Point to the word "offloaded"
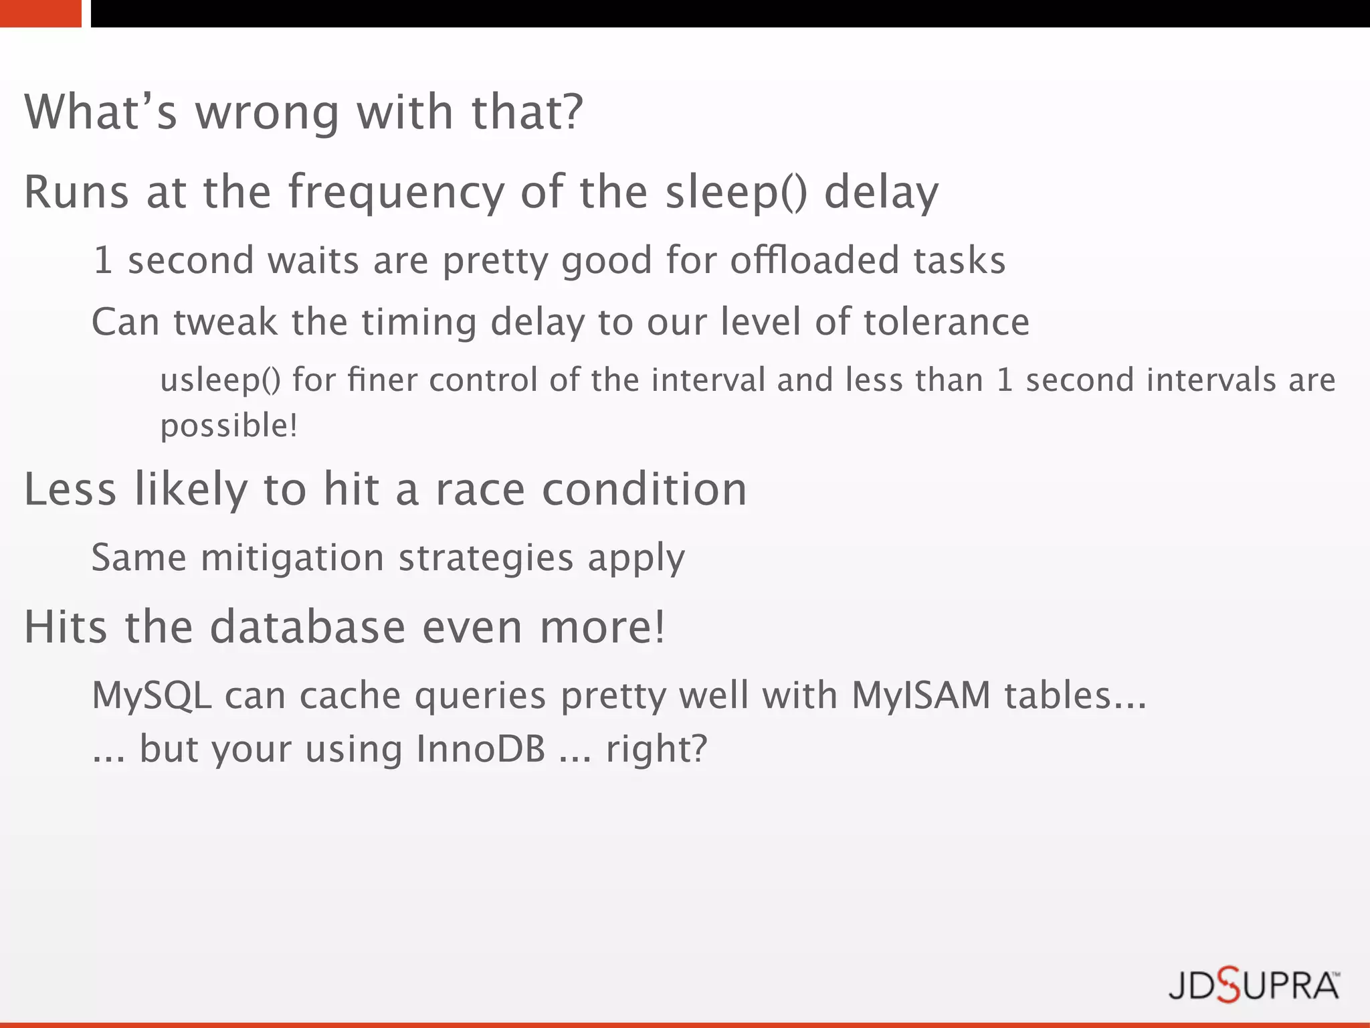814,260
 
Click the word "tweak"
225,322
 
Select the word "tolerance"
946,322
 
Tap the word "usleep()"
221,381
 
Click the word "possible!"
229,426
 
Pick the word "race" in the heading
480,489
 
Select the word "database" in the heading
308,627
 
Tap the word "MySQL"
152,695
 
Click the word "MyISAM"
920,695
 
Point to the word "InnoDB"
480,749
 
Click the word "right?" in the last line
656,749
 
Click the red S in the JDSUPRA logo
1228,985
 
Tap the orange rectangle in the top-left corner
40,13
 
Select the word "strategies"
486,558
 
